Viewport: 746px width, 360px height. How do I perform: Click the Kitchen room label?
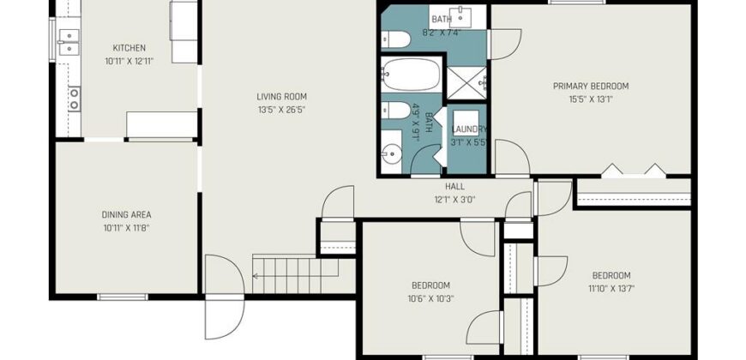tap(129, 48)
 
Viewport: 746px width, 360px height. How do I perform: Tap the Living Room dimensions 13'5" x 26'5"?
tap(281, 110)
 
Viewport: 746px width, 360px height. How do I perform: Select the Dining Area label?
tap(127, 215)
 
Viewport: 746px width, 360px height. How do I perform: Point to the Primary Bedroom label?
tap(591, 86)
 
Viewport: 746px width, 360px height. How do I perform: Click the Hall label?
tap(454, 186)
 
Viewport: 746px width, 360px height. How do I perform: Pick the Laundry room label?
tap(469, 129)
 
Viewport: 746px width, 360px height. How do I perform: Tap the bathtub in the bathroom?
tap(411, 75)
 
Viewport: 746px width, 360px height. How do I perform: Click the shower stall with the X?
tap(466, 83)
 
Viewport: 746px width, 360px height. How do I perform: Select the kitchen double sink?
tap(69, 42)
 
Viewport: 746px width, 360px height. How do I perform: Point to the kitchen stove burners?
tap(74, 99)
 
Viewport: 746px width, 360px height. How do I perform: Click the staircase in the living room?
tap(296, 275)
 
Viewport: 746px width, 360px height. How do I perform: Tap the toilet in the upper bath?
tap(395, 39)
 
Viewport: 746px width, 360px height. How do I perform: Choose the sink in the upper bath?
tap(460, 18)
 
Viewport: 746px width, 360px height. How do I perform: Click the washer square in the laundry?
tap(466, 123)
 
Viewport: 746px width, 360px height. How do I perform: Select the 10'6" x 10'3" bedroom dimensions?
tap(430, 298)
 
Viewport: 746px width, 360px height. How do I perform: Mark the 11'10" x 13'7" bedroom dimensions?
tap(611, 288)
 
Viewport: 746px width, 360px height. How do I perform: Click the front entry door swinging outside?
tap(225, 317)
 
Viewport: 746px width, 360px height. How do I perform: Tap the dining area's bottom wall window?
tap(123, 297)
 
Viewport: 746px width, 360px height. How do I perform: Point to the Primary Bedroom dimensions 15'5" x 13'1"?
tap(591, 100)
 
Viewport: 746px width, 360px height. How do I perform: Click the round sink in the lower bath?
tap(391, 153)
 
